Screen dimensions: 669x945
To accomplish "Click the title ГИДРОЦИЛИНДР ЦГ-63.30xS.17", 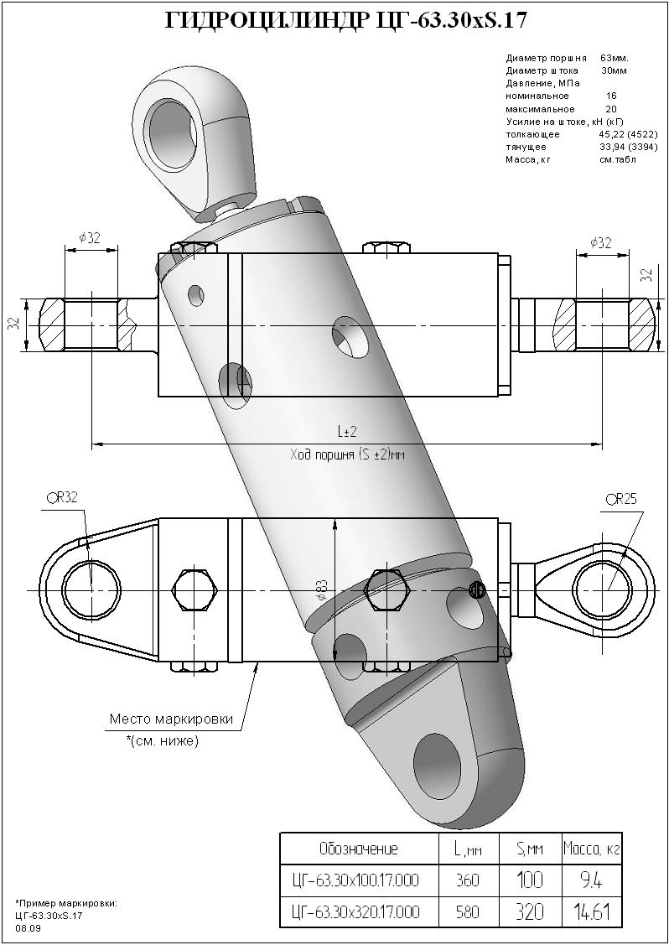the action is click(x=345, y=22).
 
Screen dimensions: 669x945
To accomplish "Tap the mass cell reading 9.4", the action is click(x=592, y=880).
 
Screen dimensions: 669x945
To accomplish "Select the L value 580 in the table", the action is click(x=468, y=912).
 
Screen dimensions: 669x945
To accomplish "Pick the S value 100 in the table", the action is click(x=531, y=880).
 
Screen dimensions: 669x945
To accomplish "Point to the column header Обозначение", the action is click(x=359, y=849).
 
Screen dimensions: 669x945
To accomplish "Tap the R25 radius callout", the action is click(x=621, y=500).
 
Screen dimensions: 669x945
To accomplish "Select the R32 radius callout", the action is click(x=61, y=498).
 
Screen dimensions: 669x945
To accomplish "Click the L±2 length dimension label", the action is click(x=347, y=432).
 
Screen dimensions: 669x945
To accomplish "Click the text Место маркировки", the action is click(x=171, y=719).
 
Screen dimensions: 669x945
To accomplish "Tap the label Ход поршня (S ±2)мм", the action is click(x=348, y=455).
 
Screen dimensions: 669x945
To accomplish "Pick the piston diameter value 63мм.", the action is click(x=615, y=59).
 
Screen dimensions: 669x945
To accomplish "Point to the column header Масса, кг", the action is click(x=591, y=849).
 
